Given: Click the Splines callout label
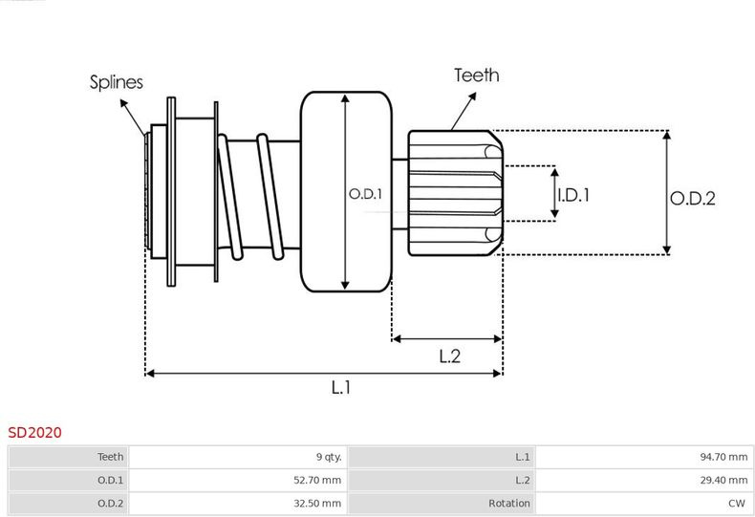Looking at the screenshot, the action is (x=117, y=82).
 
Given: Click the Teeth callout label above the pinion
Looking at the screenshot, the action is (x=477, y=75).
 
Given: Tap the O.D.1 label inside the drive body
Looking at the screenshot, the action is (x=365, y=194).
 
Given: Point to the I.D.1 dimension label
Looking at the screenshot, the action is (x=573, y=195).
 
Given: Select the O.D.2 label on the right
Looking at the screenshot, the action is (x=693, y=199).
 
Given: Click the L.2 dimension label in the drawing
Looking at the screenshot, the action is (x=450, y=356).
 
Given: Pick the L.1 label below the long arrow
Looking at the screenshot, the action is (x=341, y=386).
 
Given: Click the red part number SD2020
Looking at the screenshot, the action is (x=34, y=432).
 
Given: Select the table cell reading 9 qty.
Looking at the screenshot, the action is (x=238, y=457).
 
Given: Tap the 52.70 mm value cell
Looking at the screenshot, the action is (x=238, y=480).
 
